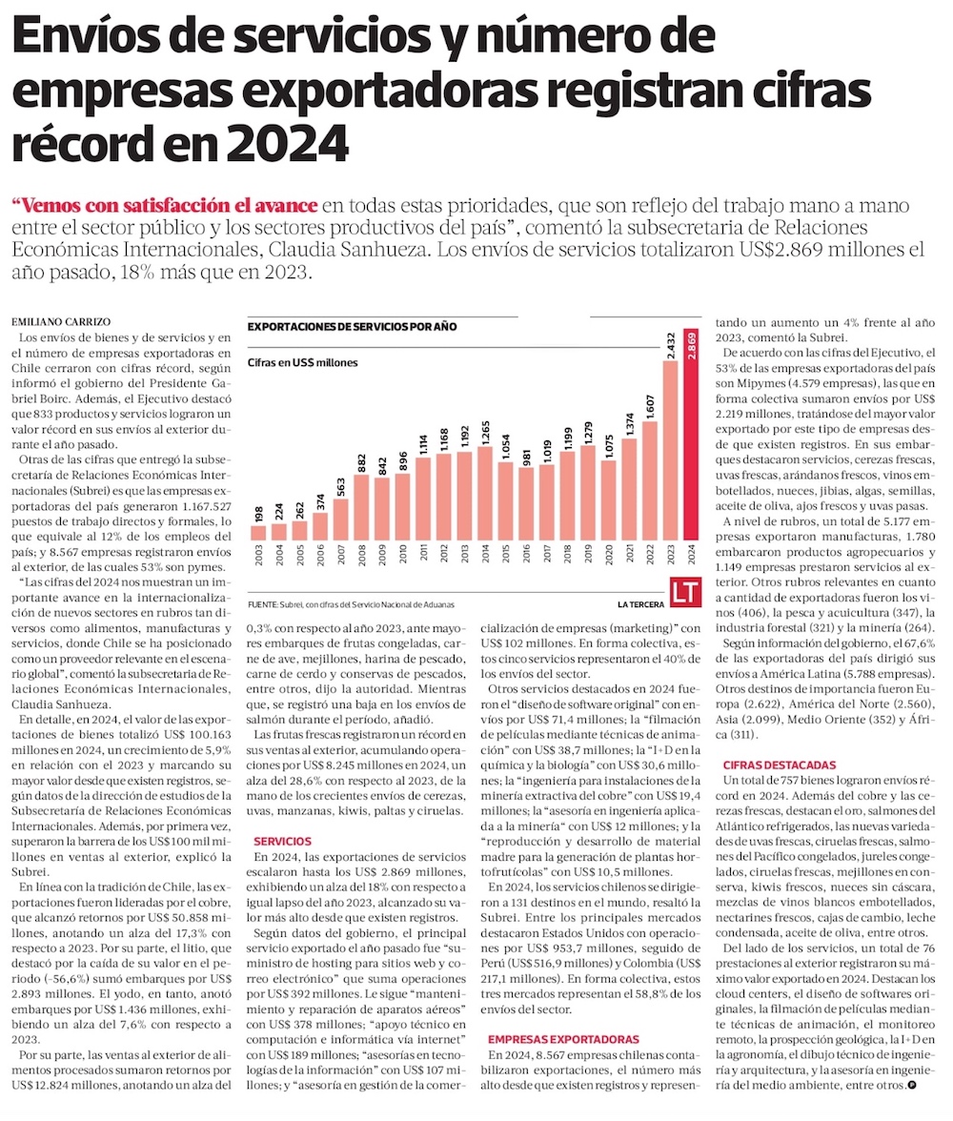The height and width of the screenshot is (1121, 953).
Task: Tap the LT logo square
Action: point(685,592)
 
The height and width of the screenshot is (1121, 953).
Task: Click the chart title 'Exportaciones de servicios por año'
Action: point(352,326)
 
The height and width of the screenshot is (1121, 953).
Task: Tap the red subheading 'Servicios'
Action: point(282,841)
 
